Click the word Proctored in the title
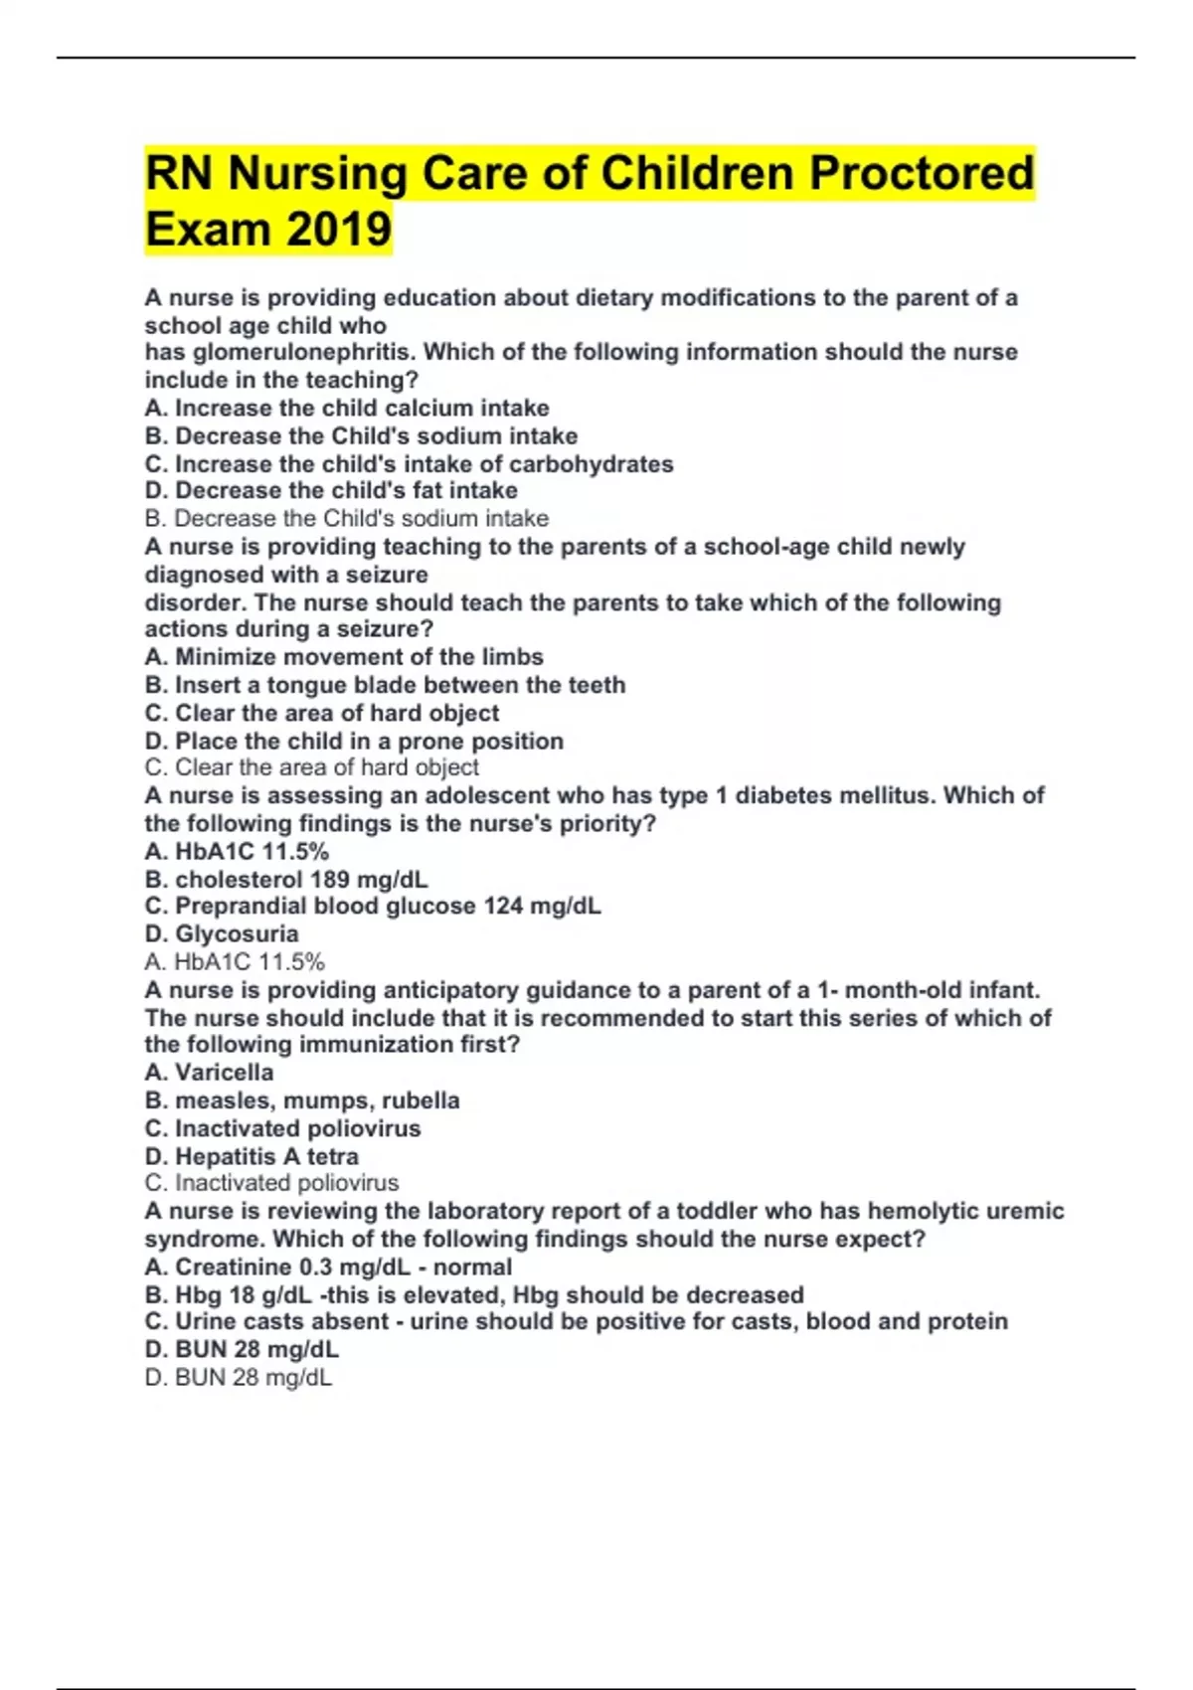point(921,174)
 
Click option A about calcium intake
point(347,409)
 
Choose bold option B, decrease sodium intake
point(361,436)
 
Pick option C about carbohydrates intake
point(409,464)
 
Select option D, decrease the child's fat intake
point(331,491)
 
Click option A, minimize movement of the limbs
point(344,657)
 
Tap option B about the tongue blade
point(385,685)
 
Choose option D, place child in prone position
point(354,742)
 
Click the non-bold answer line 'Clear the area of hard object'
point(311,767)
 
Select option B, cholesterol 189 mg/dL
point(286,880)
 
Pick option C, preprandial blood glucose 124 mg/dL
point(373,907)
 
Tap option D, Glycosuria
point(222,934)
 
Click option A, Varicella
point(209,1073)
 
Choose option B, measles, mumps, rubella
point(302,1100)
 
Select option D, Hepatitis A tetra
point(252,1157)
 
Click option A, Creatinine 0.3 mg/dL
point(328,1267)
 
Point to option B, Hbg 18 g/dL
point(474,1295)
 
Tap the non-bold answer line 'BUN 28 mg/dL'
point(239,1378)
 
